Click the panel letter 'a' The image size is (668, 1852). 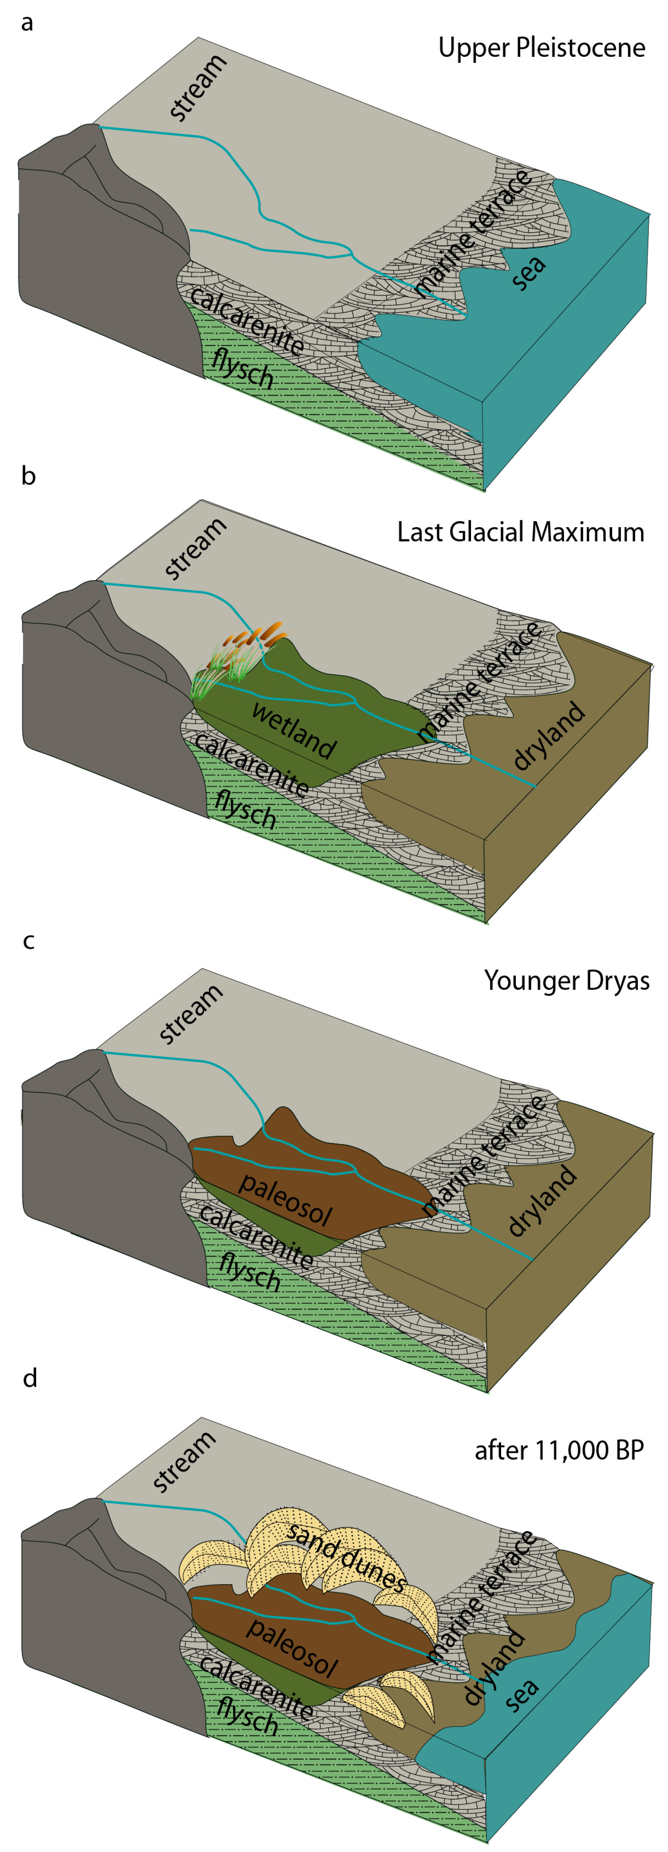(27, 23)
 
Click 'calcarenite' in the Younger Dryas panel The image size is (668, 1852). (255, 1236)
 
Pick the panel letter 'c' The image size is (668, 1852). (28, 941)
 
